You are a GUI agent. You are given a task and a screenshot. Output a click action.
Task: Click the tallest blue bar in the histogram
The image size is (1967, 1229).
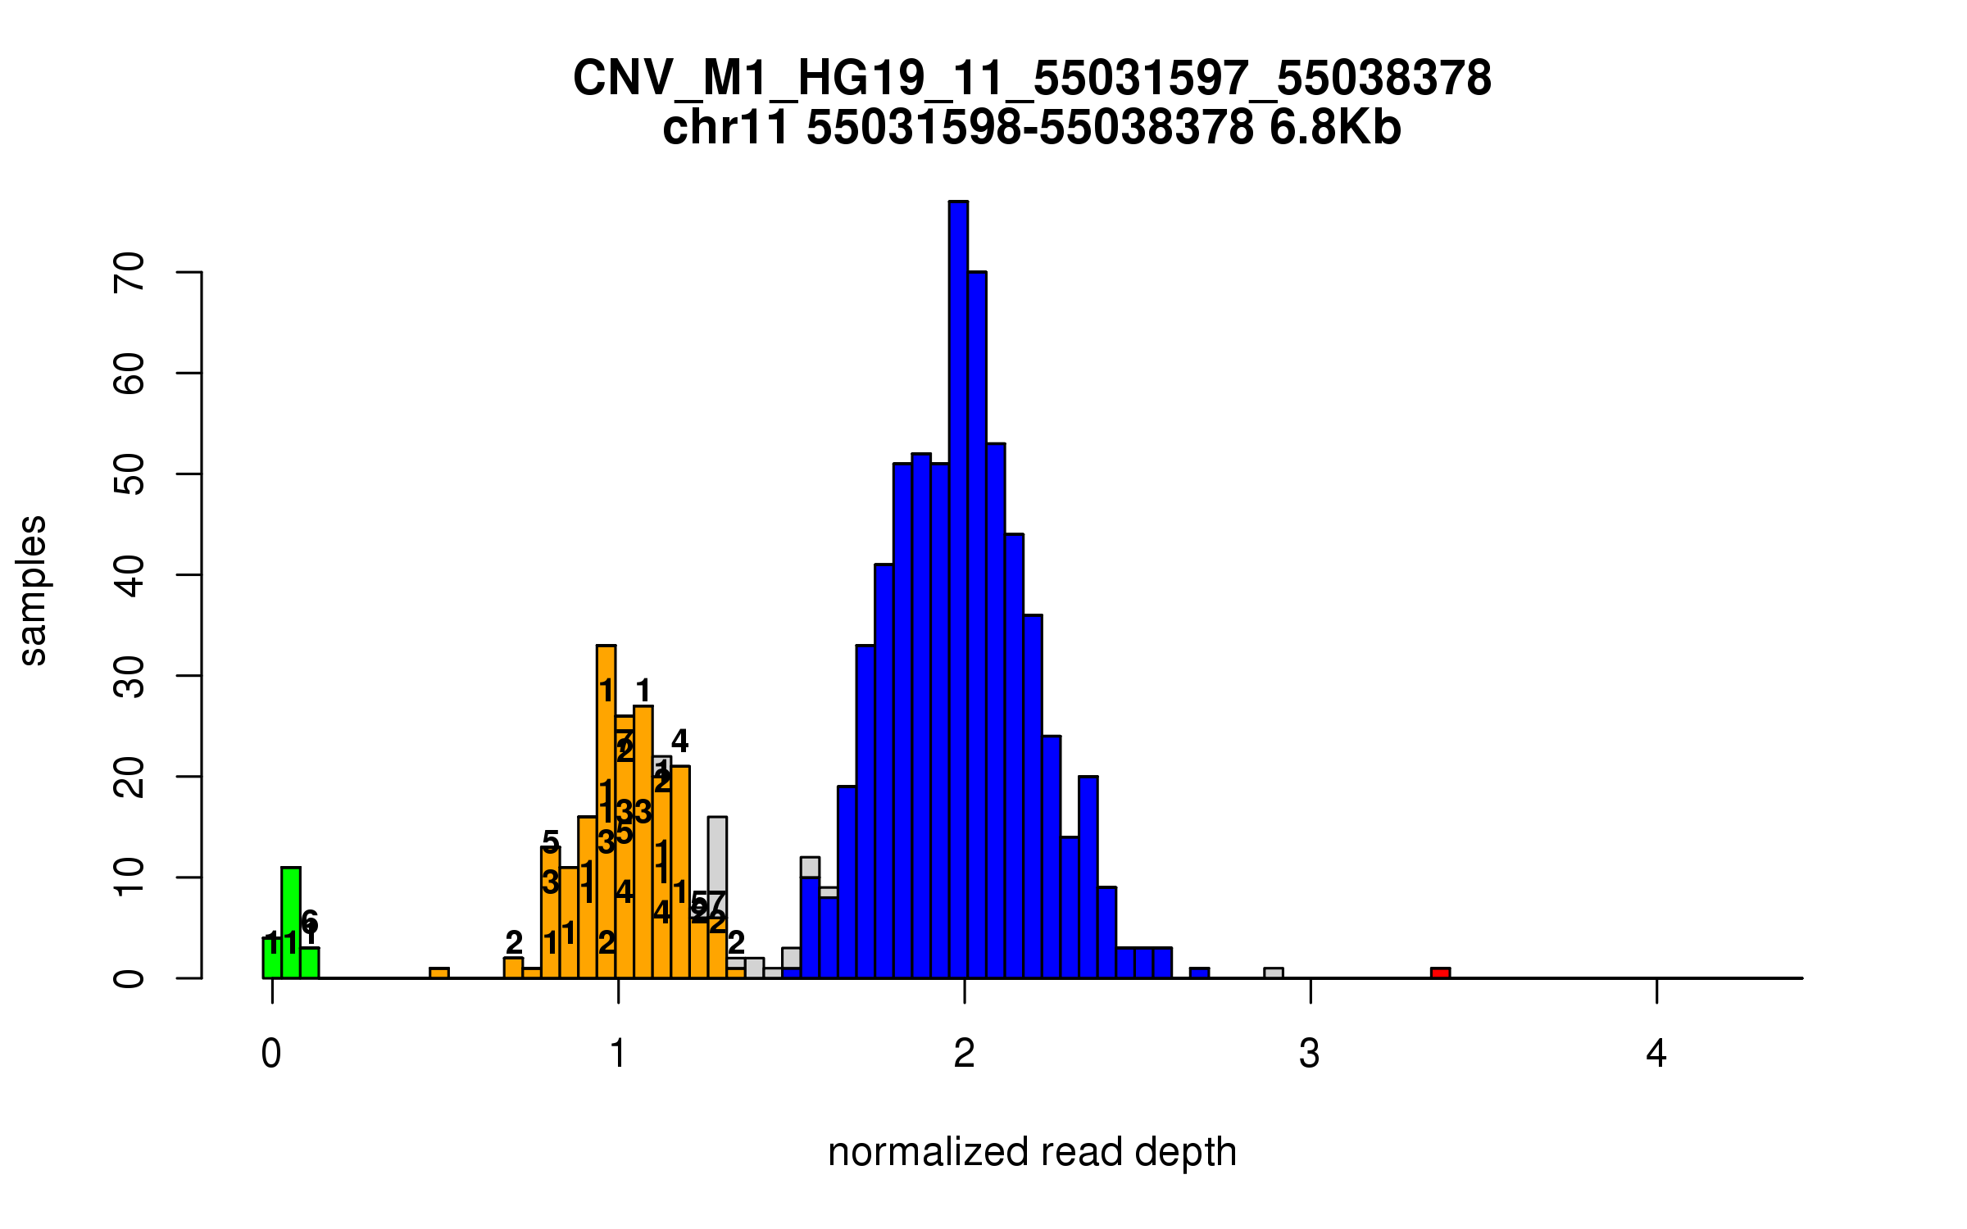[958, 590]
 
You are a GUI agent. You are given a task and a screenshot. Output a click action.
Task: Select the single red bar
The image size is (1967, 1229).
[1440, 973]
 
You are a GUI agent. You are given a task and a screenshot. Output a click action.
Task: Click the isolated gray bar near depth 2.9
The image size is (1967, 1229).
[1273, 973]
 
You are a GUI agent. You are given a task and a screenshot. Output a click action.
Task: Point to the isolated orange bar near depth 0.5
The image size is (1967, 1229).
[439, 973]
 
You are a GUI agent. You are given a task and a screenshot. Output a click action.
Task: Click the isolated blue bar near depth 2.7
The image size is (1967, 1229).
[1199, 973]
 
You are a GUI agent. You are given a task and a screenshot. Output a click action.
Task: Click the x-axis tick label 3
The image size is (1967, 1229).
[1310, 1054]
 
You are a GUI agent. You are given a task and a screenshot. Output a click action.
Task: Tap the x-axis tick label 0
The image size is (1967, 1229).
[271, 1054]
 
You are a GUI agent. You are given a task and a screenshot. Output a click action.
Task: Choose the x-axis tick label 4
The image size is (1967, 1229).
[1656, 1054]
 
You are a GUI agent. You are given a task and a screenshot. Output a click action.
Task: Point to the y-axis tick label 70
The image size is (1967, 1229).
[129, 272]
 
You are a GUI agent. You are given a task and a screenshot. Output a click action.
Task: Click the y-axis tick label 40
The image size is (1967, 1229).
[129, 575]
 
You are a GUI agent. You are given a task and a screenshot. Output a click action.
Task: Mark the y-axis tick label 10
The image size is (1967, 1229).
[129, 878]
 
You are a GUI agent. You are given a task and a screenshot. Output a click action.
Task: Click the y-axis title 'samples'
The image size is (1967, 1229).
[33, 590]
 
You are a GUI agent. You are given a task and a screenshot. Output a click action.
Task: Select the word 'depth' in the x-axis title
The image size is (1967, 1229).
[1186, 1152]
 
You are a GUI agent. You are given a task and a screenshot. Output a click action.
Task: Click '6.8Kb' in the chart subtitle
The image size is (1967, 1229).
[1335, 128]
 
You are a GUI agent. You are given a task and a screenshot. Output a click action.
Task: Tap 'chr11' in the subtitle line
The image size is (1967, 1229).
[725, 128]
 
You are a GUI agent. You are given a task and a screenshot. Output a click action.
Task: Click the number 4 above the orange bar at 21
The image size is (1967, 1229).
[679, 741]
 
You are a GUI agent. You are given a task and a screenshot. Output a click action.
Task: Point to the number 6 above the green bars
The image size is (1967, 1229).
[309, 921]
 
